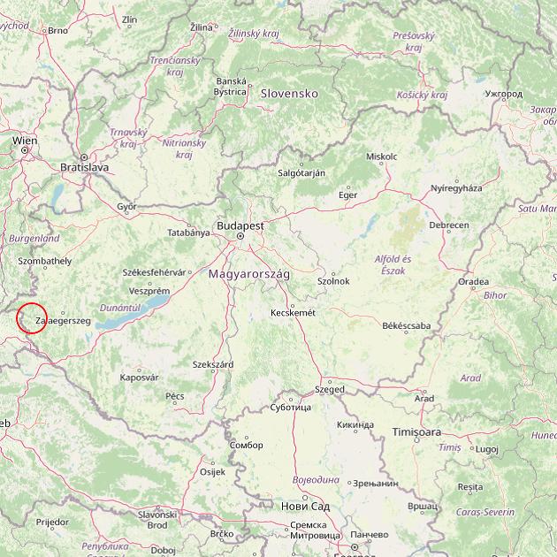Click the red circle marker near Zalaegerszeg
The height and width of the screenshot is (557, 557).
[31, 318]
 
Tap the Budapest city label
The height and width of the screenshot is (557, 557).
[240, 225]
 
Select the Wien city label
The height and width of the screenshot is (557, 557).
[25, 140]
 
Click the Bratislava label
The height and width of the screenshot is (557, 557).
[84, 166]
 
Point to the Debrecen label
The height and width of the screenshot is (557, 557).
[448, 225]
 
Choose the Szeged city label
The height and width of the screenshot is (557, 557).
[331, 389]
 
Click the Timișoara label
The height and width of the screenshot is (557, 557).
[416, 431]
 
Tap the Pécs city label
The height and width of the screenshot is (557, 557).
[175, 396]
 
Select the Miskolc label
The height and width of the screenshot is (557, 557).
[382, 156]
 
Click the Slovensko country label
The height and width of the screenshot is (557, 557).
[288, 93]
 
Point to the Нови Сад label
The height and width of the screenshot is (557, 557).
[305, 507]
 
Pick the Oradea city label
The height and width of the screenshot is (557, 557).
[473, 282]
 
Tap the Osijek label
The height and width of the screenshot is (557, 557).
[213, 472]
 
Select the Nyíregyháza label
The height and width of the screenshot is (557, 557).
[456, 188]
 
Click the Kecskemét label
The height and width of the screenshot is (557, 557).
[294, 313]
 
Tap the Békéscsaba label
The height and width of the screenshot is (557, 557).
[407, 326]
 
